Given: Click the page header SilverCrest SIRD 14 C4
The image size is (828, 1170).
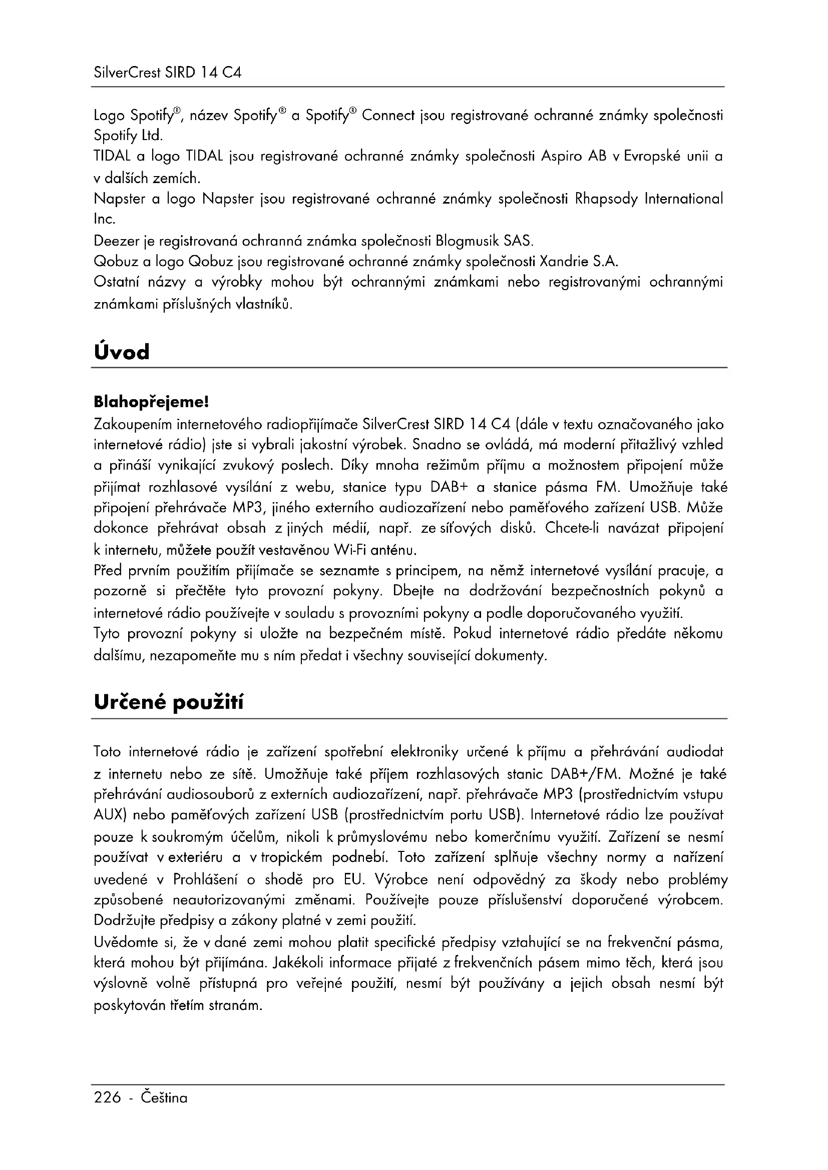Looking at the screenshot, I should (167, 73).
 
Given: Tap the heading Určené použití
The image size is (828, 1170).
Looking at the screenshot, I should (169, 703).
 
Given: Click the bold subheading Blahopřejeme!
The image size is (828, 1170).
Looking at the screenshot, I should (151, 403).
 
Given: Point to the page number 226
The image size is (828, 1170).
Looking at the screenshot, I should (108, 1097).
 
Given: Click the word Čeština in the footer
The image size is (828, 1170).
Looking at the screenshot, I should (164, 1097).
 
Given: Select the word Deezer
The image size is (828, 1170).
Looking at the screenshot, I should (114, 240).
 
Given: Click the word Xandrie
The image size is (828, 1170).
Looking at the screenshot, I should (563, 262).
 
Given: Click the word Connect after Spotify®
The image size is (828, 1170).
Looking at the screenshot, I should (388, 116).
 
